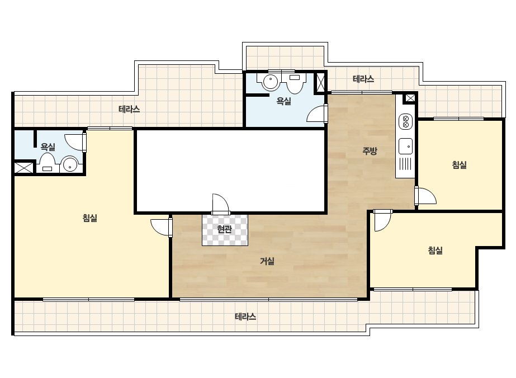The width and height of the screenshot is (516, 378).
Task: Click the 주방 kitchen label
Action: tap(370, 151)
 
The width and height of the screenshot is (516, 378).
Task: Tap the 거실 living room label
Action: tap(267, 261)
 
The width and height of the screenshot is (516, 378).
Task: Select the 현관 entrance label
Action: tap(224, 229)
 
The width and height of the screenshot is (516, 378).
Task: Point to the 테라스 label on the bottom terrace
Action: tap(245, 316)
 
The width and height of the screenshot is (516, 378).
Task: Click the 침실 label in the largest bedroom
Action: tap(90, 218)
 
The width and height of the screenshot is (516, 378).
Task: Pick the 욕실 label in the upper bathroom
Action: tap(283, 101)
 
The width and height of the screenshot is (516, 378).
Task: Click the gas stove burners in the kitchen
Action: tap(405, 121)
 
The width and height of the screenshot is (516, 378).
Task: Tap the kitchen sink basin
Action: tap(405, 146)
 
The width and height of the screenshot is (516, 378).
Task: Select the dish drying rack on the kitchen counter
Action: tap(405, 164)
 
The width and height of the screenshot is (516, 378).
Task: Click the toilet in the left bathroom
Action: tap(47, 162)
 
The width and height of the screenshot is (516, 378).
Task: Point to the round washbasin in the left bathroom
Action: tap(70, 164)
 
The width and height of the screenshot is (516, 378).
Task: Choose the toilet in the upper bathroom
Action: tap(295, 82)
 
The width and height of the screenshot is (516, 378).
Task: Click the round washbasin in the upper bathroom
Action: tap(271, 81)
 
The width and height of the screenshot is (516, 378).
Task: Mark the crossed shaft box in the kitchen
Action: tap(410, 98)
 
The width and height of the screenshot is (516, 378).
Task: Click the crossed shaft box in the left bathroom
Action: tap(23, 168)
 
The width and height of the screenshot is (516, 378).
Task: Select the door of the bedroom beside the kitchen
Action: tap(425, 196)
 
